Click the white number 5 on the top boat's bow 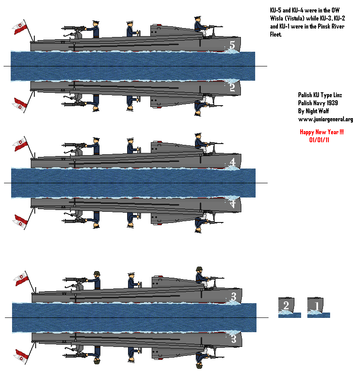coord(232,45)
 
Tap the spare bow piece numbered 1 coord(319,308)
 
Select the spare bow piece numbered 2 coord(290,308)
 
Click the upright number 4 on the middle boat coord(232,162)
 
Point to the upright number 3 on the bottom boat coord(234,297)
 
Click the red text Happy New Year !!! coord(322,132)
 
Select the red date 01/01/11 coord(319,140)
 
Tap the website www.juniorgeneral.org coord(326,119)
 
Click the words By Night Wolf coord(313,111)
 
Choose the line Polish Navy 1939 coord(318,103)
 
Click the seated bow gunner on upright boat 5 coord(201,27)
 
